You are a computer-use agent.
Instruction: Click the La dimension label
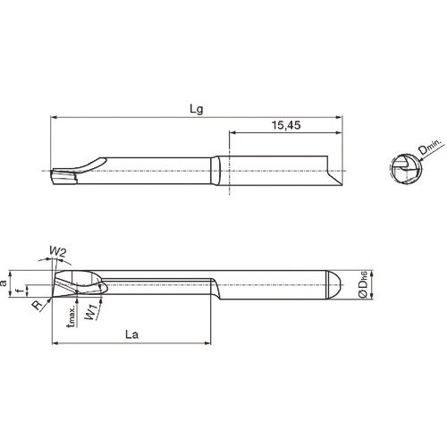(131, 338)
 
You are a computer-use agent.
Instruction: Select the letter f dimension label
(25, 288)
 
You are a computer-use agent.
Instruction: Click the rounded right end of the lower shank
(339, 286)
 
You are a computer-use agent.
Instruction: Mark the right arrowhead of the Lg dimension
(341, 116)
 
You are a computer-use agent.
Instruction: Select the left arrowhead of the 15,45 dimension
(232, 131)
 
